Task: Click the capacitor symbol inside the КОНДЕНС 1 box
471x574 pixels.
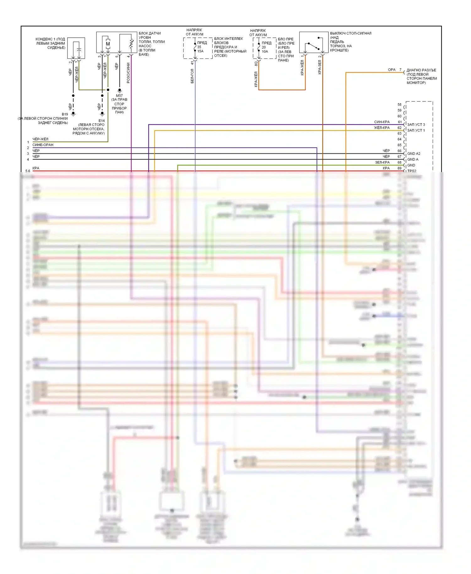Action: (79, 50)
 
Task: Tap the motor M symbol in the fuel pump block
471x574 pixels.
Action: (108, 44)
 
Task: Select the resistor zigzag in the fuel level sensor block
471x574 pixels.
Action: (131, 44)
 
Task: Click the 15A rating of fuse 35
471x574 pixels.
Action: (200, 51)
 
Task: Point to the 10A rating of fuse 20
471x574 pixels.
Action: (265, 51)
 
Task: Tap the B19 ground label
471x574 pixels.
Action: (65, 114)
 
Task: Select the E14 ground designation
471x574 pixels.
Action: (101, 121)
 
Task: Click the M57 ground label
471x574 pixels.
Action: (119, 95)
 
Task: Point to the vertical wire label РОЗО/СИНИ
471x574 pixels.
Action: (128, 73)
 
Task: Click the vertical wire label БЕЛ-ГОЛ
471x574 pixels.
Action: (192, 76)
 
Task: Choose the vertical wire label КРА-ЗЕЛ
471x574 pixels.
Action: (320, 67)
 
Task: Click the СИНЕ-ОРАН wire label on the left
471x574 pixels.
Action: (43, 145)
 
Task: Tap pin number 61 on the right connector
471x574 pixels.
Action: (400, 122)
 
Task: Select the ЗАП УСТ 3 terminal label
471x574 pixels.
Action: (416, 125)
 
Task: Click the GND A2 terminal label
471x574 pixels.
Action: (414, 154)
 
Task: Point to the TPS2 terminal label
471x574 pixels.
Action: (412, 171)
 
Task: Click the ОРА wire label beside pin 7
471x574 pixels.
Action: (392, 70)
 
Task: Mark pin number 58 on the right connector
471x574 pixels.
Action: (399, 105)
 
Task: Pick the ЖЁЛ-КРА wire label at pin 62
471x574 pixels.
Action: (382, 128)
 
